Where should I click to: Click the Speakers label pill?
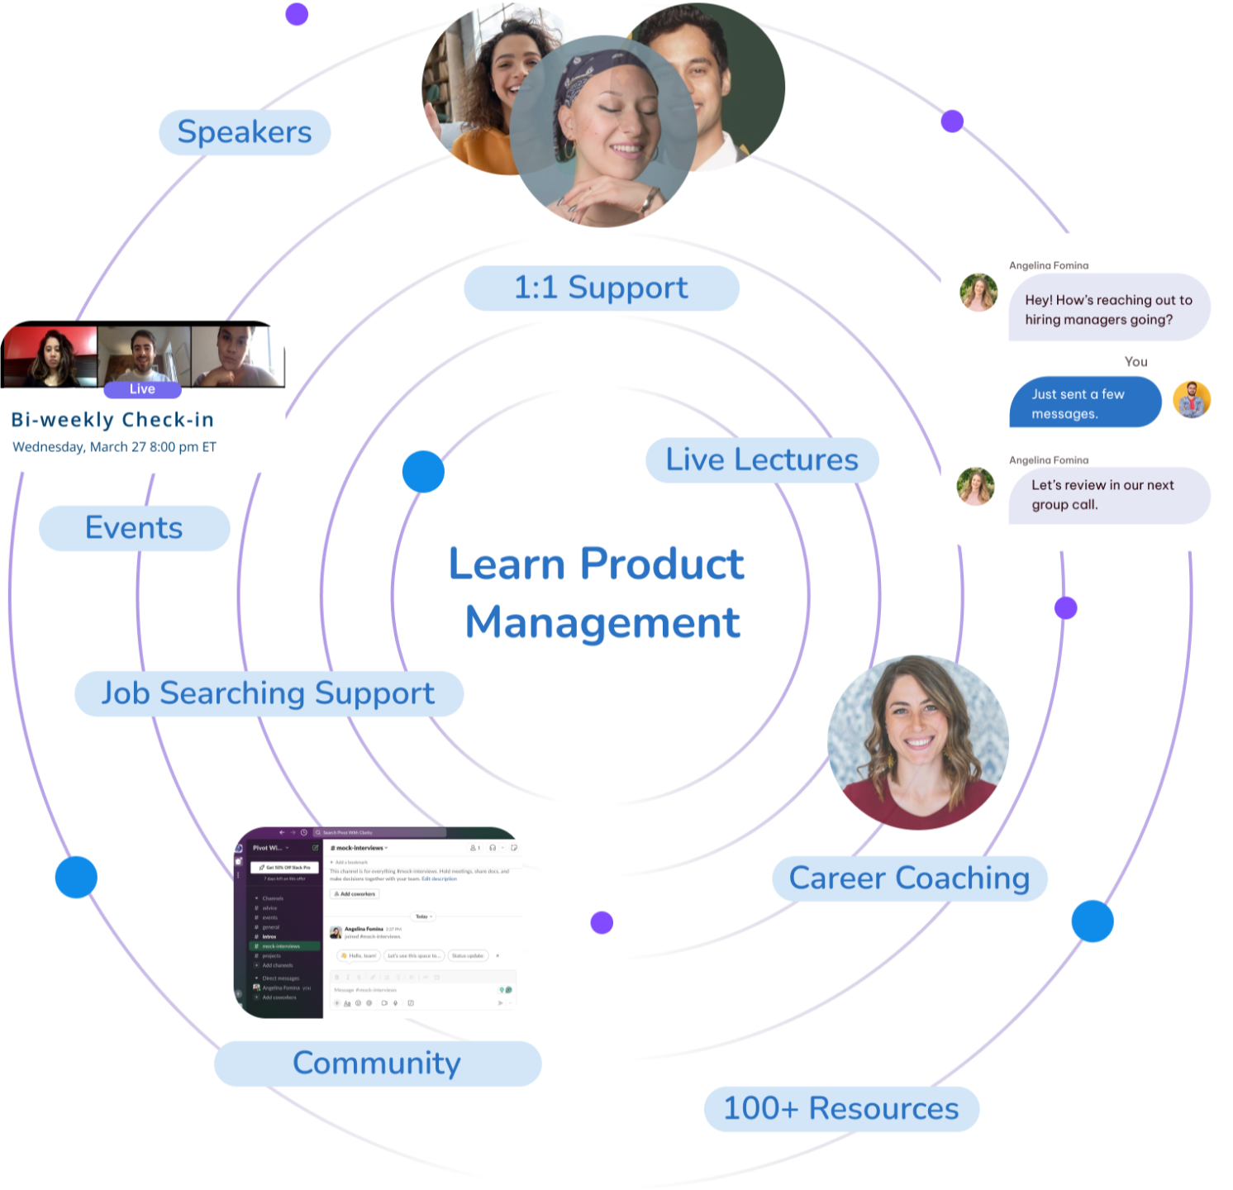pyautogui.click(x=245, y=132)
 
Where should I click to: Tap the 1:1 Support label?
pyautogui.click(x=601, y=288)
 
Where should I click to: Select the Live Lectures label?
pyautogui.click(x=761, y=459)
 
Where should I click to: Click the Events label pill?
pyautogui.click(x=134, y=528)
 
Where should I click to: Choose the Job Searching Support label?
pyautogui.click(x=268, y=693)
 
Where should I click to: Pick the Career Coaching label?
pyautogui.click(x=909, y=878)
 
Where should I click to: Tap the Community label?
pyautogui.click(x=377, y=1063)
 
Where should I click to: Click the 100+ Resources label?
pyautogui.click(x=840, y=1108)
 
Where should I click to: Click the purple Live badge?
pyautogui.click(x=142, y=389)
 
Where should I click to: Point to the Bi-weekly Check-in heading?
pyautogui.click(x=112, y=420)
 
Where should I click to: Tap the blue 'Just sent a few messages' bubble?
pyautogui.click(x=1084, y=403)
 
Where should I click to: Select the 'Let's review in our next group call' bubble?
pyautogui.click(x=1107, y=495)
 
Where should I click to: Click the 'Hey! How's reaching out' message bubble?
pyautogui.click(x=1107, y=309)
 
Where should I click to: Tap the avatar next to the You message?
pyautogui.click(x=1192, y=400)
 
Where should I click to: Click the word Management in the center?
pyautogui.click(x=603, y=623)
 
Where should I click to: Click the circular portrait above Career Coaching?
pyautogui.click(x=917, y=742)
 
